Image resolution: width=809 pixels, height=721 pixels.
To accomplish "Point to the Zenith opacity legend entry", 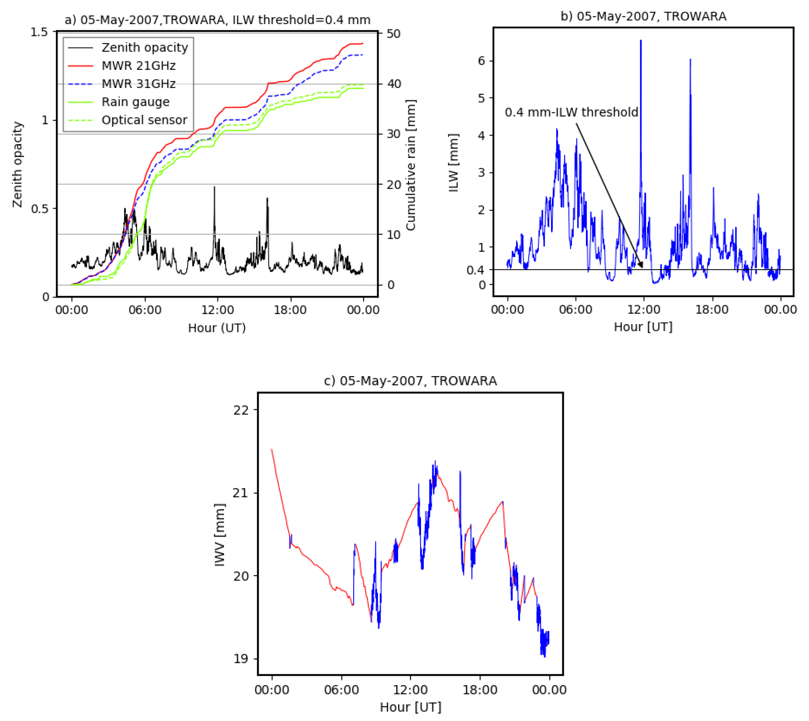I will click(145, 48).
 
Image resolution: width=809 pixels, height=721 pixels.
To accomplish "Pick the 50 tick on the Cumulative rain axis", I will click(393, 34).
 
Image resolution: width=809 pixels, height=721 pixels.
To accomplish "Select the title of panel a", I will click(217, 20).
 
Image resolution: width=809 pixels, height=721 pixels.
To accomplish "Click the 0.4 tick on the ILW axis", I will click(475, 270).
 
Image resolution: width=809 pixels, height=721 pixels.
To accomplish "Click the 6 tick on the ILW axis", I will click(481, 61).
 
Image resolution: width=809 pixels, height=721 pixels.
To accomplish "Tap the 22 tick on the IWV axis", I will click(240, 410).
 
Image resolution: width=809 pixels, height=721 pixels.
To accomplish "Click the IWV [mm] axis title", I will click(219, 535).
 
